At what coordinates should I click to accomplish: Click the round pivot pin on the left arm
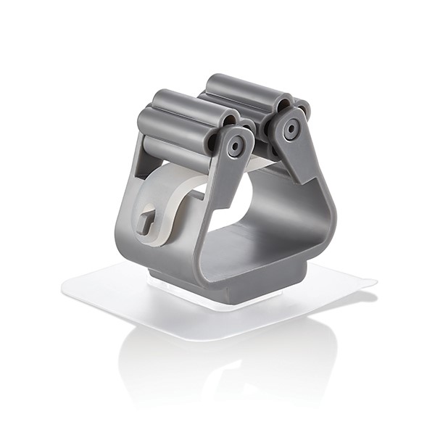pos(235,146)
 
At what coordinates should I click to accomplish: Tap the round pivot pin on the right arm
pos(291,130)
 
